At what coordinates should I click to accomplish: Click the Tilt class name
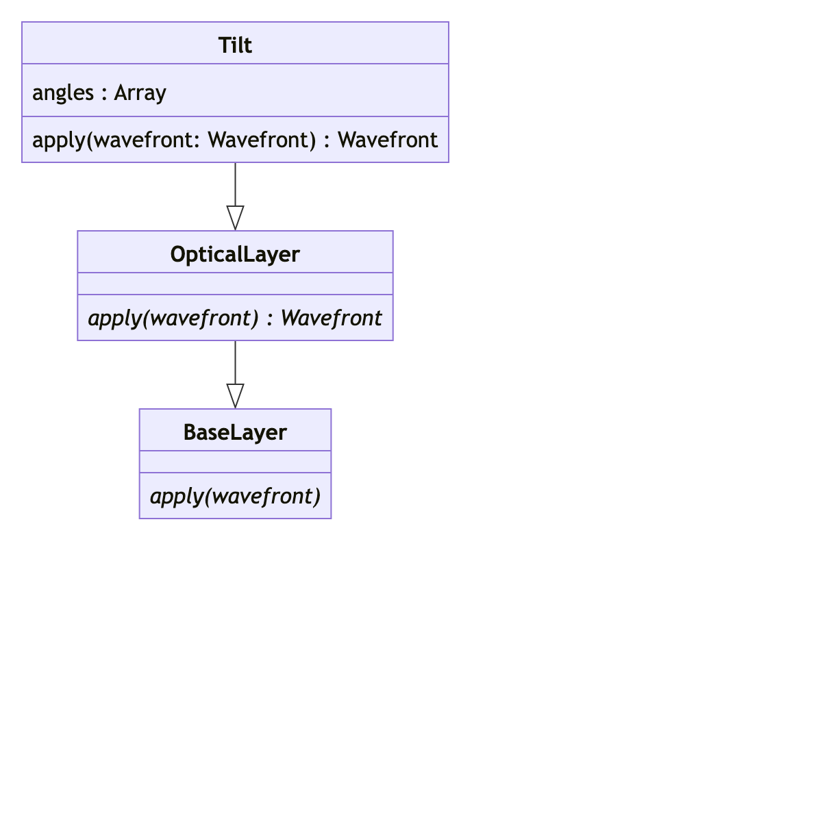click(x=235, y=45)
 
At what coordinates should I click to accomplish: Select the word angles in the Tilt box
click(x=63, y=92)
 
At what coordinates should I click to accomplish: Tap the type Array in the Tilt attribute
click(x=140, y=92)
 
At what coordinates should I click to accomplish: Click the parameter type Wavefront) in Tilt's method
click(x=262, y=140)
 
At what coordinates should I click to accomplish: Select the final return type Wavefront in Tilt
click(x=388, y=140)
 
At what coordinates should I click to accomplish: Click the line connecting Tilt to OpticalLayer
click(x=235, y=184)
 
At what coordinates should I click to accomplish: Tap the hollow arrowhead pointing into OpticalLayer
click(x=235, y=217)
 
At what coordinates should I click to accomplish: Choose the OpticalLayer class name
click(x=235, y=254)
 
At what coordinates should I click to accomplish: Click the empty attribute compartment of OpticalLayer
click(x=235, y=284)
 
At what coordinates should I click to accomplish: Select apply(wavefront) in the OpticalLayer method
click(x=173, y=319)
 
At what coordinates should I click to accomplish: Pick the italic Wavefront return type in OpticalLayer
click(x=331, y=319)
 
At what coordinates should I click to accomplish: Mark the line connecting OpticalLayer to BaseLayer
click(x=235, y=362)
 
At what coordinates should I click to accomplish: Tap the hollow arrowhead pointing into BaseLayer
click(x=235, y=395)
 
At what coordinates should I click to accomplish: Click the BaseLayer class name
click(x=235, y=432)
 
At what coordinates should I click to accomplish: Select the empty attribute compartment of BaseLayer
click(x=235, y=462)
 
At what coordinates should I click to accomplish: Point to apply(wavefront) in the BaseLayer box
click(x=235, y=497)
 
